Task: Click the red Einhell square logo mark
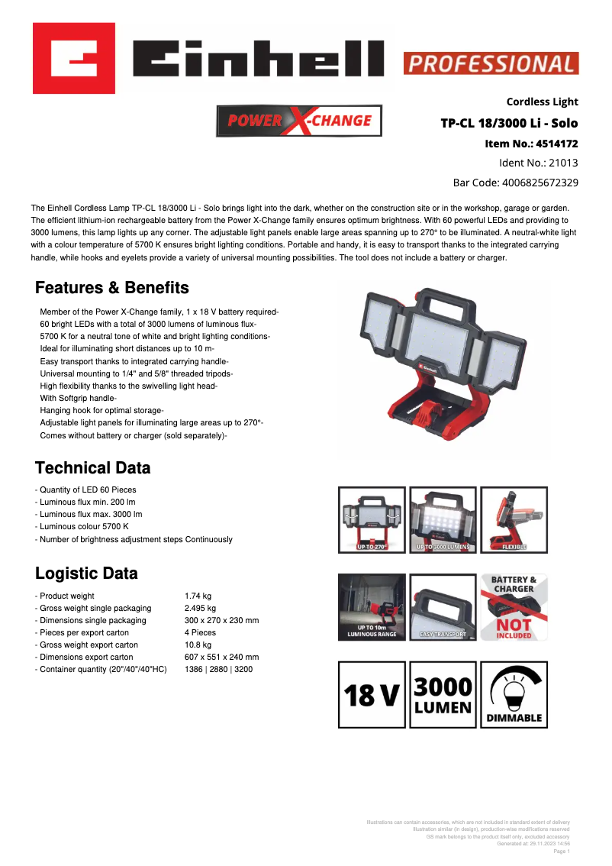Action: pyautogui.click(x=74, y=58)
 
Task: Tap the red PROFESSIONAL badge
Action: pyautogui.click(x=491, y=63)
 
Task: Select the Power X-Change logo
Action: pyautogui.click(x=299, y=121)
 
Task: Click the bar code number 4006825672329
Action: pyautogui.click(x=540, y=183)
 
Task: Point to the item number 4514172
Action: pyautogui.click(x=557, y=143)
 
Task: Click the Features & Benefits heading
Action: pyautogui.click(x=112, y=288)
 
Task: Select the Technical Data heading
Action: pyautogui.click(x=93, y=468)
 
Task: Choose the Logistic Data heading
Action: pyautogui.click(x=87, y=574)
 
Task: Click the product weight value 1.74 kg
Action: pyautogui.click(x=198, y=596)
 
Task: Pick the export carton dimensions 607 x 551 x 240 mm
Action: pyautogui.click(x=221, y=657)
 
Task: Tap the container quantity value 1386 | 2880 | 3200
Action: pyautogui.click(x=218, y=669)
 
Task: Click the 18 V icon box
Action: pyautogui.click(x=372, y=694)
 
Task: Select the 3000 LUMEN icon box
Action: pyautogui.click(x=443, y=694)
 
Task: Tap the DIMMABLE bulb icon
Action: pyautogui.click(x=514, y=694)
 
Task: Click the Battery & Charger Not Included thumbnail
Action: pyautogui.click(x=514, y=606)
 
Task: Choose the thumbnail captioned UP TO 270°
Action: pyautogui.click(x=372, y=519)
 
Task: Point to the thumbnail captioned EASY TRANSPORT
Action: pyautogui.click(x=443, y=606)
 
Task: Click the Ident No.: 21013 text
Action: pyautogui.click(x=538, y=163)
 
